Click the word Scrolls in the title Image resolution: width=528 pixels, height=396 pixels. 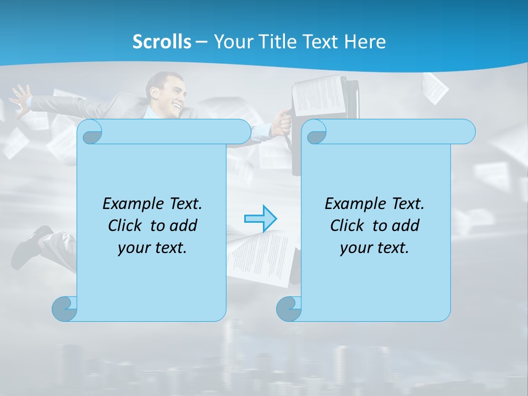[x=162, y=41]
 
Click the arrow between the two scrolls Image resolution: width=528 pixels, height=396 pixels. [x=260, y=218]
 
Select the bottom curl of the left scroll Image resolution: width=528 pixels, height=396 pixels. [x=65, y=309]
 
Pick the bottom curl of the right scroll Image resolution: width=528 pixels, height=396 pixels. [x=289, y=309]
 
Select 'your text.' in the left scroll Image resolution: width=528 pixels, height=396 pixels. [x=152, y=248]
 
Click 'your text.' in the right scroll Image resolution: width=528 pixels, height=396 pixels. [x=375, y=248]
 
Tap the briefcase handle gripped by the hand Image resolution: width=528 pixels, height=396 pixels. [x=286, y=127]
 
